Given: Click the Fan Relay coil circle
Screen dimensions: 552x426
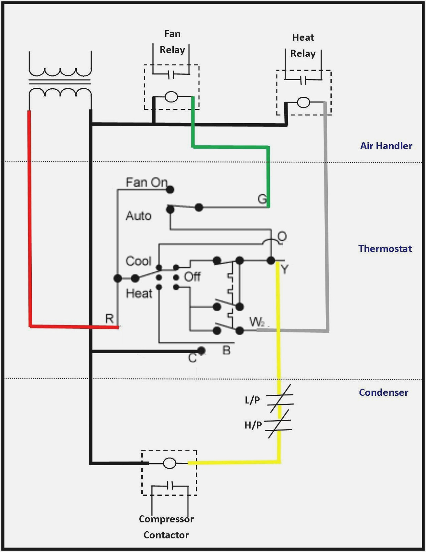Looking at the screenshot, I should [171, 97].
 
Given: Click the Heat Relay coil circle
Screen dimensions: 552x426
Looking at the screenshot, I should [303, 103].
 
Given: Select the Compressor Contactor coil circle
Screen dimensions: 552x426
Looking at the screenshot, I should [169, 463].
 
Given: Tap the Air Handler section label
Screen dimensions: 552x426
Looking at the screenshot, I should [386, 146].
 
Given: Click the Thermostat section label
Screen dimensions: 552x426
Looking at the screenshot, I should [385, 248].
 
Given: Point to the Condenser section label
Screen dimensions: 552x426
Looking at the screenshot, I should [383, 392].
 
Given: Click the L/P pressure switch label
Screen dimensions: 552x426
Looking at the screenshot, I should [252, 400].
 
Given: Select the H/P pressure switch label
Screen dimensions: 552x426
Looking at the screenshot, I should [253, 425].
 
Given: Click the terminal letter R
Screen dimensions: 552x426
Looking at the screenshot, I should [109, 319].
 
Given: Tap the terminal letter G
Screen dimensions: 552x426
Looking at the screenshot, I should [262, 199].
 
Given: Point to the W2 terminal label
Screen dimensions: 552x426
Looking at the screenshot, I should [257, 322].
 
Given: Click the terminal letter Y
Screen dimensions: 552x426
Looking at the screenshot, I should [285, 269].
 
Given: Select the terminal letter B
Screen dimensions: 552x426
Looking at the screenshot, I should [226, 350].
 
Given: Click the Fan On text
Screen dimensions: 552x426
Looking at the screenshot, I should [146, 182].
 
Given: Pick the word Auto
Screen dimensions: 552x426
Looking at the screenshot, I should [139, 216].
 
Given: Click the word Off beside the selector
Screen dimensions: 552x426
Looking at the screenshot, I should [192, 277].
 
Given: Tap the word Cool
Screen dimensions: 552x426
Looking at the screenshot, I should [138, 261].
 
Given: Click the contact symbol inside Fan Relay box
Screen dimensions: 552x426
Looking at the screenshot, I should [171, 74].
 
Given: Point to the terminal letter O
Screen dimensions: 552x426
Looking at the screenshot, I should [282, 236].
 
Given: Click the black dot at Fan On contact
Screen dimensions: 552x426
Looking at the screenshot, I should [170, 189].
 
